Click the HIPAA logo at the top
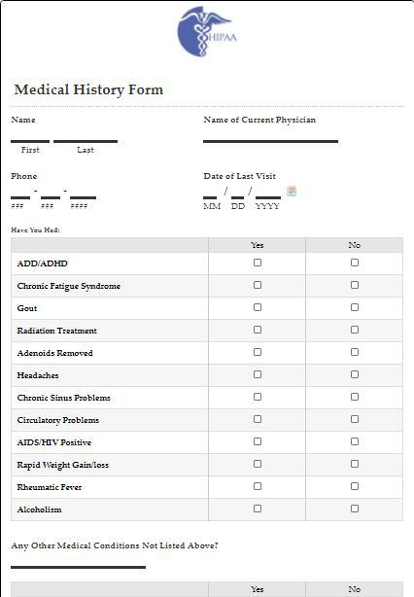[x=207, y=31]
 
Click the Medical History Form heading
[x=88, y=90]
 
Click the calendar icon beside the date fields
[x=292, y=192]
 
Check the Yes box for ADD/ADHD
[x=258, y=263]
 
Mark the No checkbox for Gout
[x=355, y=307]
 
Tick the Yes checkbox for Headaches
[x=258, y=374]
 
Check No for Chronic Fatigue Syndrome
[x=355, y=285]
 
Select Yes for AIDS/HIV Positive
[x=258, y=441]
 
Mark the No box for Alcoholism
[x=355, y=509]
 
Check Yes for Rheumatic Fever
[x=258, y=486]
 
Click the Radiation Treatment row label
[x=56, y=331]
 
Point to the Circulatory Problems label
[x=57, y=420]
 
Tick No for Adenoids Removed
[x=355, y=352]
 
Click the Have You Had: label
[x=35, y=230]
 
